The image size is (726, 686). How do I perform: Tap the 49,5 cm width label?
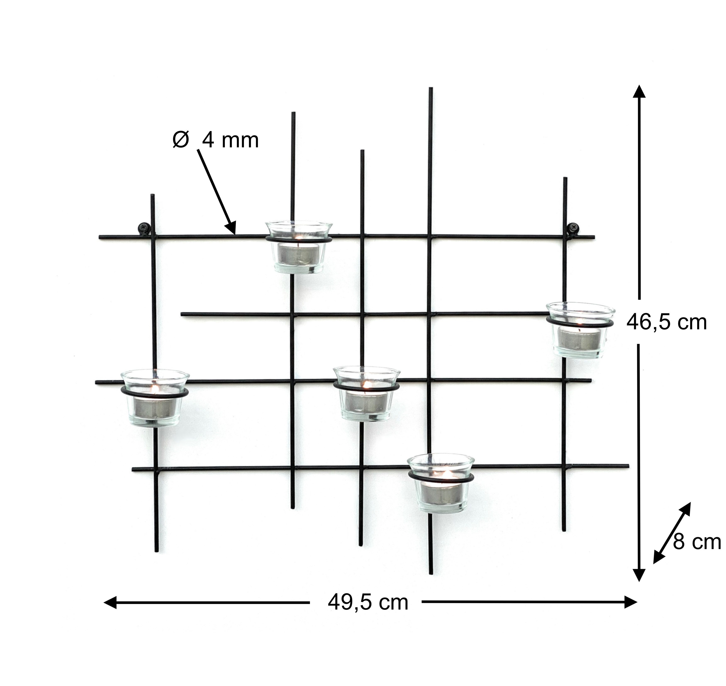click(368, 602)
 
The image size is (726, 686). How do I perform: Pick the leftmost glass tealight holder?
click(155, 398)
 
